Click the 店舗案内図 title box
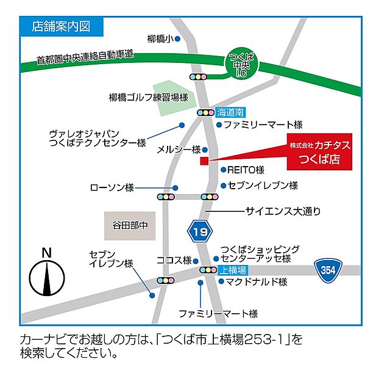point(60,26)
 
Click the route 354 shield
point(328,270)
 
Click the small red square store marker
point(204,161)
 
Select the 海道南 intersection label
point(230,112)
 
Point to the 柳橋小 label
point(160,38)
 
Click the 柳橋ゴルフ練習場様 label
point(148,97)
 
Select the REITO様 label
point(246,170)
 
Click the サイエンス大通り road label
point(283,211)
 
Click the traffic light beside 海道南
point(205,112)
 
